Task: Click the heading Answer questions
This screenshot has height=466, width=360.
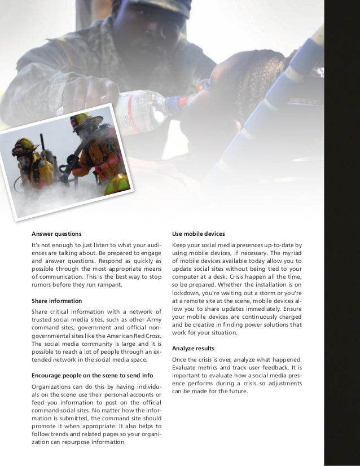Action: pyautogui.click(x=56, y=234)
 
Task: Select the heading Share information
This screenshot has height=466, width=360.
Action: pyautogui.click(x=56, y=301)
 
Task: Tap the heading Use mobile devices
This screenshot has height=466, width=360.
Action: pyautogui.click(x=199, y=234)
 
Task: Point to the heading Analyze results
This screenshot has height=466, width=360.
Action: pyautogui.click(x=194, y=348)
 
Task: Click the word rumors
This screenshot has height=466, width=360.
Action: pyautogui.click(x=43, y=285)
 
